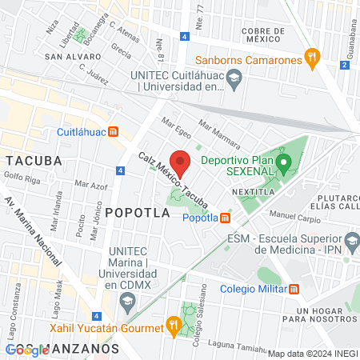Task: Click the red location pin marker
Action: tap(180, 162)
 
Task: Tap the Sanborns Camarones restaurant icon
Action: tap(312, 58)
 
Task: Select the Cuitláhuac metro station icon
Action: tap(114, 132)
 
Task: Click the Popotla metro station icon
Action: tap(226, 218)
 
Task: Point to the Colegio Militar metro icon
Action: tap(294, 289)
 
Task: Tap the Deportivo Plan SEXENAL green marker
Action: tap(283, 166)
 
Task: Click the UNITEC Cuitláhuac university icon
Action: tap(234, 78)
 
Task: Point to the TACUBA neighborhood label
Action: tap(33, 160)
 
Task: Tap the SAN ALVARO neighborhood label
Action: tap(73, 57)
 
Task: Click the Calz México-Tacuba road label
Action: tap(174, 177)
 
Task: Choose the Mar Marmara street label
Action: tap(219, 134)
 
